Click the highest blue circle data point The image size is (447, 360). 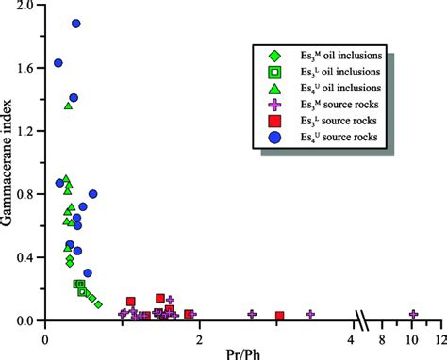[x=75, y=24]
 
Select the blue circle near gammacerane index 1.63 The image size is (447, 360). [x=58, y=63]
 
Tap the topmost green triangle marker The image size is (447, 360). [x=68, y=106]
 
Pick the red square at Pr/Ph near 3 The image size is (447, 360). [x=280, y=316]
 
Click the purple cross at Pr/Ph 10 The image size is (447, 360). [x=413, y=314]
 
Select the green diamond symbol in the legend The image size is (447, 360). [x=273, y=55]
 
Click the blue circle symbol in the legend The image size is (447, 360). [x=273, y=137]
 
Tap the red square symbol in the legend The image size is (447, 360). [x=273, y=121]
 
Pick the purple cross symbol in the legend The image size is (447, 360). [x=273, y=104]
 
